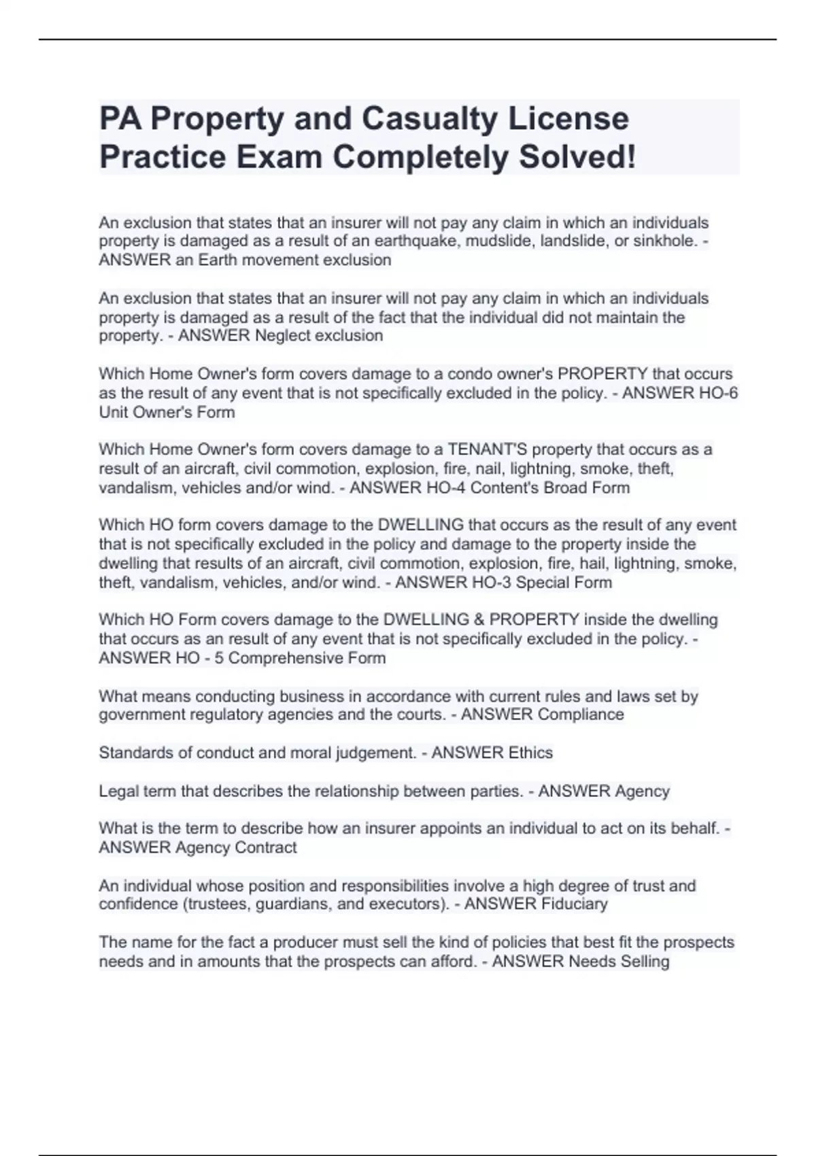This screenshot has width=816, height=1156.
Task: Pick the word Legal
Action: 118,792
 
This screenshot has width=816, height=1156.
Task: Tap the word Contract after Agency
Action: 265,847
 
